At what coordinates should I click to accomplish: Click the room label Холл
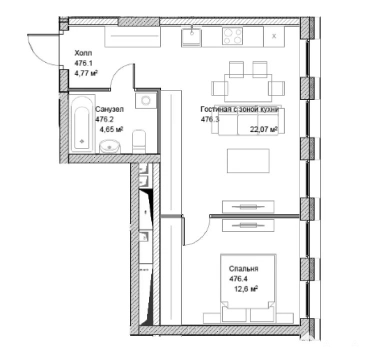tap(83, 53)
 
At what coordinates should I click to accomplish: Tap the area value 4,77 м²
tap(86, 73)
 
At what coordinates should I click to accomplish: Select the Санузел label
tap(109, 109)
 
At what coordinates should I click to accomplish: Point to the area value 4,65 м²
tap(111, 129)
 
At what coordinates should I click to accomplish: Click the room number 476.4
tap(238, 278)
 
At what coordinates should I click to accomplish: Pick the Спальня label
tap(244, 268)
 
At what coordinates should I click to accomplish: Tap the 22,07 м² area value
tap(264, 129)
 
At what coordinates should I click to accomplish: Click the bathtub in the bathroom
tap(82, 123)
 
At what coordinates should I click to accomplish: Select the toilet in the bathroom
tap(139, 141)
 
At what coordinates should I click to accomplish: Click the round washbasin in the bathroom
tap(109, 146)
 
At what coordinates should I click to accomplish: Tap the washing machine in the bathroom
tap(146, 100)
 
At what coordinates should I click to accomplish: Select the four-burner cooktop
tap(232, 36)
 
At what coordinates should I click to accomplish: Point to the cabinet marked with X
tap(274, 36)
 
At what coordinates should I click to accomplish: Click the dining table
tap(248, 88)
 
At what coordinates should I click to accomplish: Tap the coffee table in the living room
tap(248, 160)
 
